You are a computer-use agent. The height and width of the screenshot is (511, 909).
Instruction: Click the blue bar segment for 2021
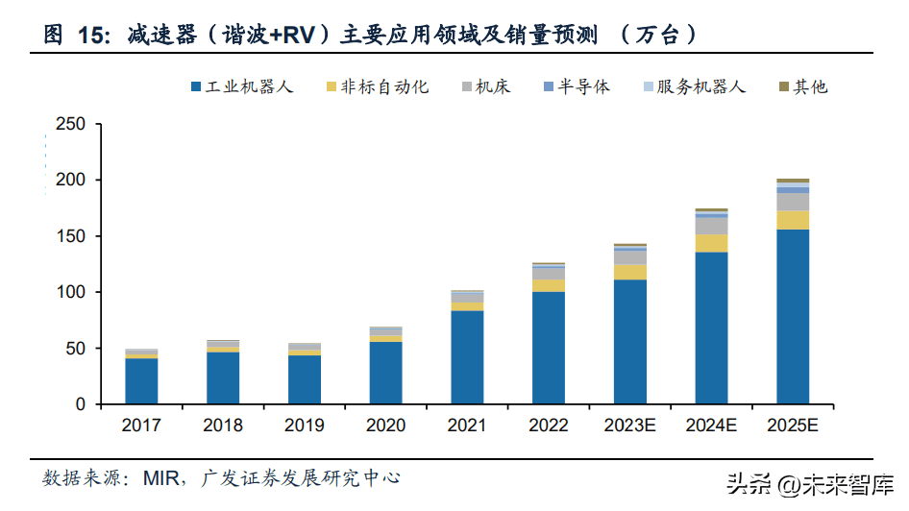(467, 356)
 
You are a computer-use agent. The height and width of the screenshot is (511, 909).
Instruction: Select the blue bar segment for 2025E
(793, 316)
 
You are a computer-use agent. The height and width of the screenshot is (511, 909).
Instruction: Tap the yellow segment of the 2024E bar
(711, 243)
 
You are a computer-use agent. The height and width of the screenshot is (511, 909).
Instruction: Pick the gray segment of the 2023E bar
(630, 257)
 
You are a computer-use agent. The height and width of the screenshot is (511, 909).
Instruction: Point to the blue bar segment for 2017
(141, 380)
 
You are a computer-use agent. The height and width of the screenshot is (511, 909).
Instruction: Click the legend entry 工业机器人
(243, 86)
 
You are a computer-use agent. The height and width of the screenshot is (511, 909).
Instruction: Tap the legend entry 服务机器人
(693, 86)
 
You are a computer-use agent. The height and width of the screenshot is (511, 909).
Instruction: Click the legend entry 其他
(802, 86)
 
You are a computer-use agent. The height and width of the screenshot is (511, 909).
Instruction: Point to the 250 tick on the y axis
(71, 125)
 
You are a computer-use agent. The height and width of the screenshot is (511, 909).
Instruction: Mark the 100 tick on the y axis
(71, 292)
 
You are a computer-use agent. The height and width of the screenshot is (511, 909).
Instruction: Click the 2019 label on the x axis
(305, 426)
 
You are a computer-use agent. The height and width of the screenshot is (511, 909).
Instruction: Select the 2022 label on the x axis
(549, 426)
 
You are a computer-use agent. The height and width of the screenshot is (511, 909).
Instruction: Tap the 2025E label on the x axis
(793, 426)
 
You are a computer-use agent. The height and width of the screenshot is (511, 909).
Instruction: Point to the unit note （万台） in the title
(659, 36)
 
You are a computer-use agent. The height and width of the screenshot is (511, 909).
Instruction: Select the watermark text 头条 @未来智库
(809, 486)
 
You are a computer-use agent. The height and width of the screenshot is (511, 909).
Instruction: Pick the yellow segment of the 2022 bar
(549, 285)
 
